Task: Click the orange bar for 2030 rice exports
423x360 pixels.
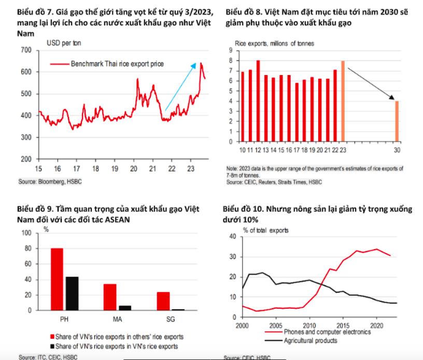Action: tap(397, 121)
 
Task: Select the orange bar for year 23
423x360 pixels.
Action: tap(343, 101)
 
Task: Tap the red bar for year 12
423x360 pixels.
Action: tap(258, 101)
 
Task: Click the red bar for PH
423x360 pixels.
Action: tap(57, 280)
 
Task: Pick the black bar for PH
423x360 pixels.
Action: tap(72, 294)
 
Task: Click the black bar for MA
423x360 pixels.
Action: tap(125, 308)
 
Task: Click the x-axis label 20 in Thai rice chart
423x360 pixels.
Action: tap(133, 169)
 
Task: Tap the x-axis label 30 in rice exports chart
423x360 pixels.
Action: tap(397, 150)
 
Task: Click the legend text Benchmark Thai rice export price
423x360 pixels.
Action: tap(117, 64)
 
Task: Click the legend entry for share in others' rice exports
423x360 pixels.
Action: tap(119, 337)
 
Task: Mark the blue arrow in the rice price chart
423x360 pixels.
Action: tap(180, 87)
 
